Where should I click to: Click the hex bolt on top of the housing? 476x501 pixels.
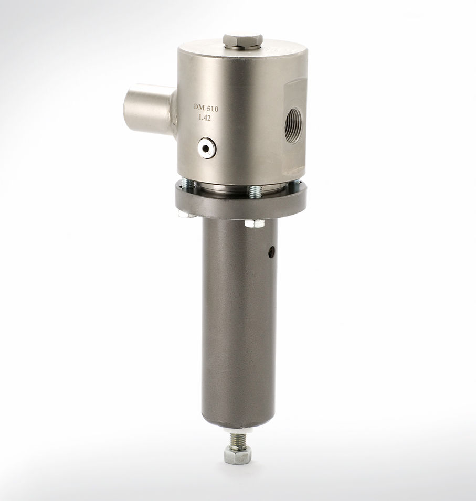pos(242,39)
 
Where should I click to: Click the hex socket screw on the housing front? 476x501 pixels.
pos(206,149)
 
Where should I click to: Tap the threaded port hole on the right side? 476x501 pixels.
pos(293,125)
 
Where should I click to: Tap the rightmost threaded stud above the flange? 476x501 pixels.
pos(297,184)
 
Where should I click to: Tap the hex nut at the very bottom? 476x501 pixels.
pos(237,455)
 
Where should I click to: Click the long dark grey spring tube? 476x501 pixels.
pos(239,325)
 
